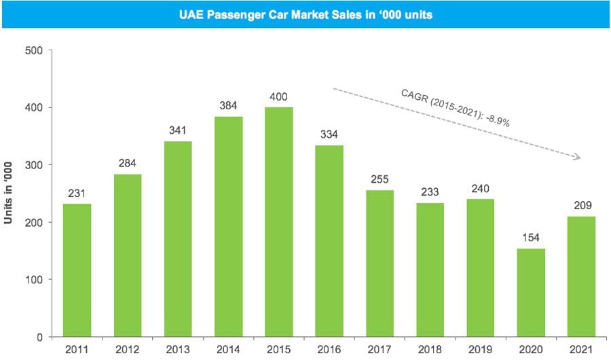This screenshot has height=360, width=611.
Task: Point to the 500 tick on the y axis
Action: point(33,50)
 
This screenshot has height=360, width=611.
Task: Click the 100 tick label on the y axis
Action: point(33,280)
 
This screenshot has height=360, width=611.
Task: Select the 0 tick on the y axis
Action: point(39,337)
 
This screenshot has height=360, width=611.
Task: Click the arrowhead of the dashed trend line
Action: point(577,158)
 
